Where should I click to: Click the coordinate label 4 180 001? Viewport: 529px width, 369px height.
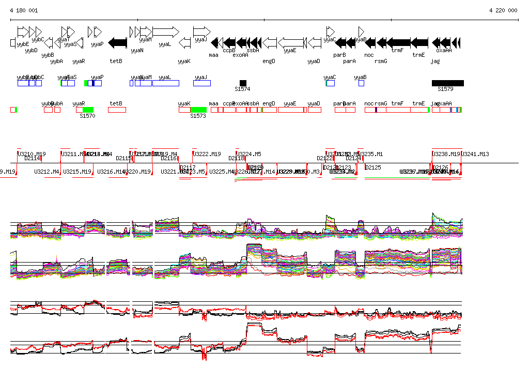click(24, 10)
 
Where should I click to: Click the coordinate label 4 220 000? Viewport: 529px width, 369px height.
click(503, 10)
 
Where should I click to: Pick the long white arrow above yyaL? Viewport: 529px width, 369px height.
click(166, 32)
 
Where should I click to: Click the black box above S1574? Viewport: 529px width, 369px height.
click(243, 83)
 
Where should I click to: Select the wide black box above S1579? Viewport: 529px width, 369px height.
click(447, 83)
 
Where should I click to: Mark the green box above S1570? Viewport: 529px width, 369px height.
click(88, 110)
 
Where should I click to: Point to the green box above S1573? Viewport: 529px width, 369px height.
click(198, 110)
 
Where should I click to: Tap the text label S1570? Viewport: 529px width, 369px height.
click(87, 116)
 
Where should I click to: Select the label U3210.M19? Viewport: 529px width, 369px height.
click(32, 154)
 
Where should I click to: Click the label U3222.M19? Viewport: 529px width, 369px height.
click(207, 154)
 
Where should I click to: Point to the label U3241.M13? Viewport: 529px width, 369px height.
click(475, 154)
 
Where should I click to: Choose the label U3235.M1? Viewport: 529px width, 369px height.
click(371, 154)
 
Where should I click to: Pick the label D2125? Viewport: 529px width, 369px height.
click(373, 167)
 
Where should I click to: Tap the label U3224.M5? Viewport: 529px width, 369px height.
click(250, 154)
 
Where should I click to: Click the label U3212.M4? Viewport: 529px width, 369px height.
click(47, 172)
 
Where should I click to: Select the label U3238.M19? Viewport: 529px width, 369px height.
click(446, 154)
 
